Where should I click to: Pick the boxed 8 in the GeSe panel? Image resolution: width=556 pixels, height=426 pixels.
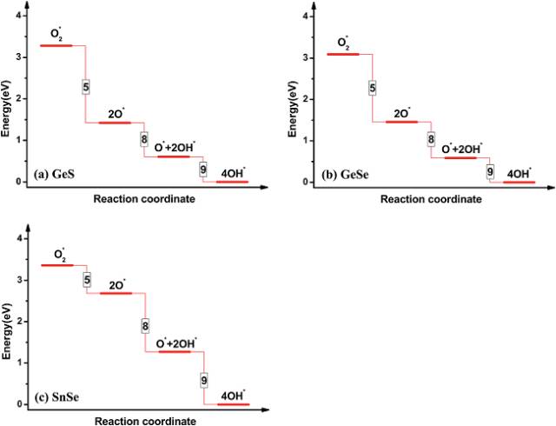tap(431, 139)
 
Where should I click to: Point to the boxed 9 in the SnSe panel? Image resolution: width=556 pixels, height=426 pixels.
tap(203, 380)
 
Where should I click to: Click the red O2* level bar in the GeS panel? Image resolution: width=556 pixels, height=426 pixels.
tap(56, 45)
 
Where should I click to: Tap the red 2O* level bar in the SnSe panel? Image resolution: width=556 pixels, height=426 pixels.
tap(116, 293)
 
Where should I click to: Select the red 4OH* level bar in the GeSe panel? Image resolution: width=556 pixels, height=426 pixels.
tap(520, 182)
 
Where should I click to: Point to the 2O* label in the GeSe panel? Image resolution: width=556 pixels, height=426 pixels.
tap(402, 113)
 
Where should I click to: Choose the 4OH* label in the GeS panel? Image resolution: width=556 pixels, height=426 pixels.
tap(232, 171)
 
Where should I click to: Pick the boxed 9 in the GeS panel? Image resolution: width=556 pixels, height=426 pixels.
tap(203, 169)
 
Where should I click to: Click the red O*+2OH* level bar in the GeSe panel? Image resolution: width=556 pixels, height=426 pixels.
tap(460, 158)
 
